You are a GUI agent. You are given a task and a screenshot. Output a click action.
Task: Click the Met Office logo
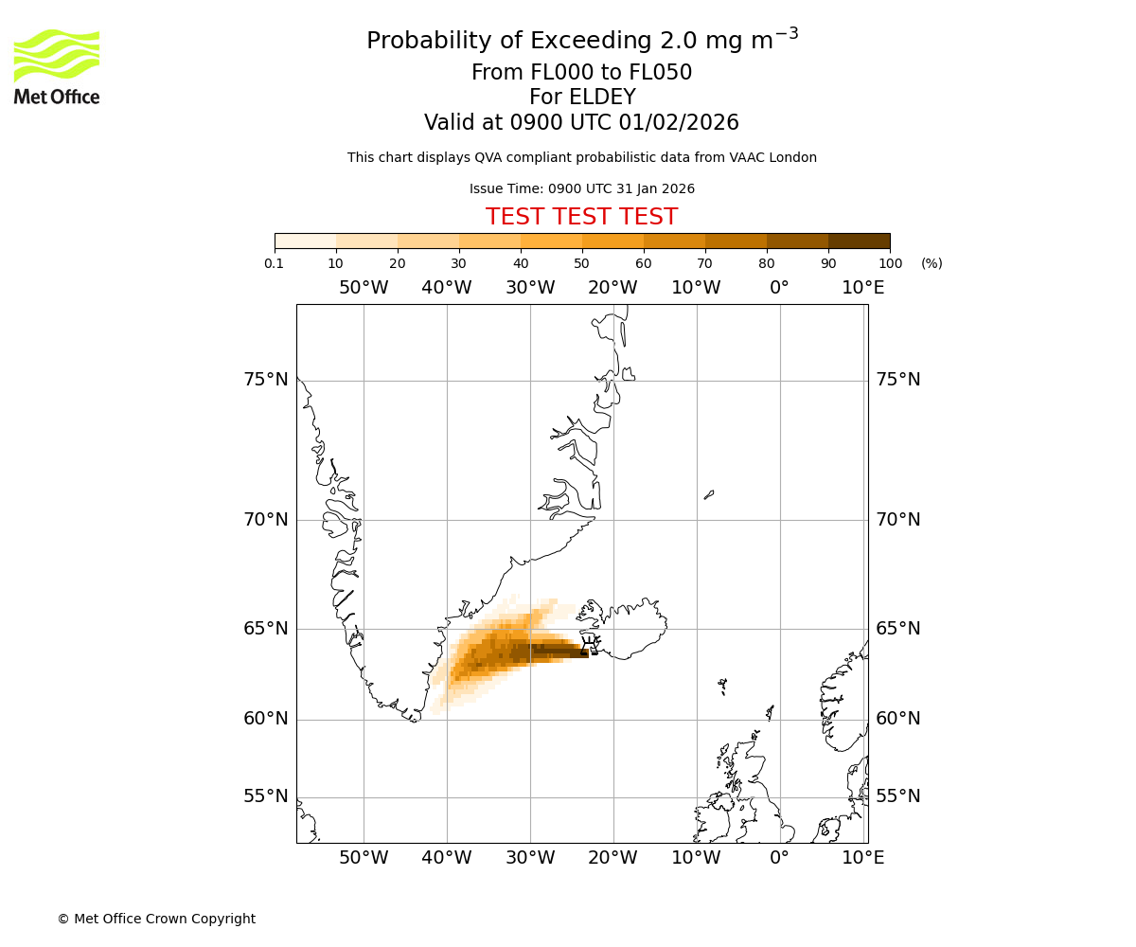click(57, 66)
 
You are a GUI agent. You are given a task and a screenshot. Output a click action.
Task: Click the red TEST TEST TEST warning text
click(581, 217)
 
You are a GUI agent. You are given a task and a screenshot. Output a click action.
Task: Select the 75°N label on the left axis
click(265, 380)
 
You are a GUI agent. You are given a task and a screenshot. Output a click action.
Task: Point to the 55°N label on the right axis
click(897, 796)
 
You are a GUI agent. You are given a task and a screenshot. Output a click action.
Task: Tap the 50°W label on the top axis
click(364, 288)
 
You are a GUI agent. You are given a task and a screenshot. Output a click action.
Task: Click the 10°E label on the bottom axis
click(862, 858)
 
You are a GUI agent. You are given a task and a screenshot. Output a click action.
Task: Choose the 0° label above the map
click(779, 288)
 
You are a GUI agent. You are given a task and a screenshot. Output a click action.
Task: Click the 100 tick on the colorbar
click(890, 263)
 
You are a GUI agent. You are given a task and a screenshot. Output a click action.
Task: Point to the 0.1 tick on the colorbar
click(275, 263)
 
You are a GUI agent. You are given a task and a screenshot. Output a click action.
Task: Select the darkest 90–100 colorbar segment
click(859, 241)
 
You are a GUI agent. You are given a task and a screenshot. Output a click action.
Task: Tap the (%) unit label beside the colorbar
click(932, 263)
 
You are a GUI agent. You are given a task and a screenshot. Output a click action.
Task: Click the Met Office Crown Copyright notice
click(156, 919)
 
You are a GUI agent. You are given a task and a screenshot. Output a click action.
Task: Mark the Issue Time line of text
click(581, 188)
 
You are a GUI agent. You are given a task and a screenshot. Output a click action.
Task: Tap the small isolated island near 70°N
click(709, 494)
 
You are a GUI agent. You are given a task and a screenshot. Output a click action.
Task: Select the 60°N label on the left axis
click(265, 719)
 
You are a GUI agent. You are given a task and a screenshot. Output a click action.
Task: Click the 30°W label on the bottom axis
click(530, 858)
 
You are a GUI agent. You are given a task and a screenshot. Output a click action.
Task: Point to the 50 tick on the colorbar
click(582, 263)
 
